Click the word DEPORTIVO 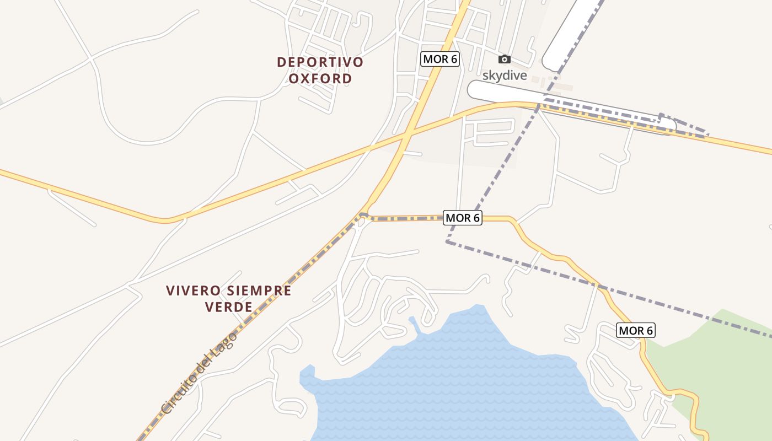coord(320,62)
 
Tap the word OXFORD coord(320,78)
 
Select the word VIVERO coord(190,291)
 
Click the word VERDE coord(228,307)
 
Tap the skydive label coord(505,75)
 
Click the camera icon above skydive coord(504,60)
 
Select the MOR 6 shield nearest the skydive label coord(440,59)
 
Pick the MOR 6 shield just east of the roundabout coord(463,218)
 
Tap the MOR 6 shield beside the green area coord(636,330)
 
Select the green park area coord(728,358)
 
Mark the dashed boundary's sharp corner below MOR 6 coord(447,241)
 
